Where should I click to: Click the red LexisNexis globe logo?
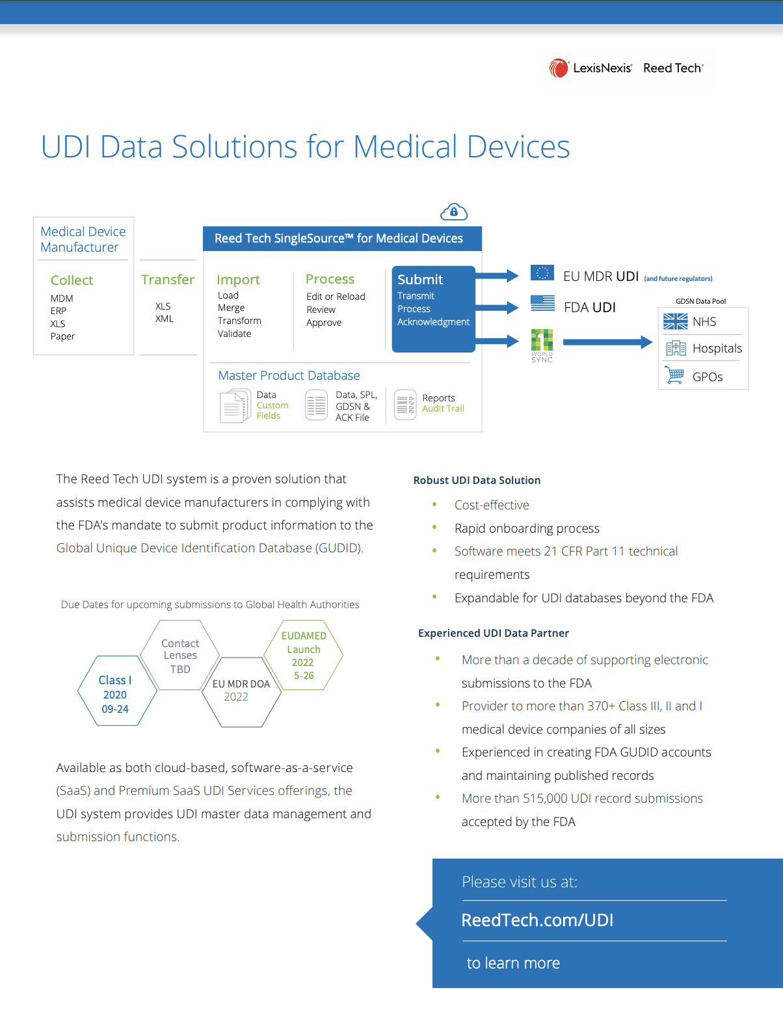click(558, 68)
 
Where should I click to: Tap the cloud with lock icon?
click(453, 212)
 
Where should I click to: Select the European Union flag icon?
click(542, 273)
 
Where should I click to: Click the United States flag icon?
click(543, 303)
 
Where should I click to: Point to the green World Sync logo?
click(542, 345)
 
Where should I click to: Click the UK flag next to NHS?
click(675, 321)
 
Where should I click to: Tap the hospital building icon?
click(676, 349)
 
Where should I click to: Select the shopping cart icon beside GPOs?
click(675, 375)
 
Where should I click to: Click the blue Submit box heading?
click(419, 279)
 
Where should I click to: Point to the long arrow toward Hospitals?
click(607, 342)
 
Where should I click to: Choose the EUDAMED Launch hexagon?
click(304, 655)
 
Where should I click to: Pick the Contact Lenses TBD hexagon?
click(180, 655)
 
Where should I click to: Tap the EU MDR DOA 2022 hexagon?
click(241, 692)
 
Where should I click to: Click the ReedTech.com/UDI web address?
click(537, 920)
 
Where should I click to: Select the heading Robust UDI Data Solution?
click(477, 480)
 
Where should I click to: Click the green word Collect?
click(72, 280)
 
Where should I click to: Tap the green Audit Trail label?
click(443, 408)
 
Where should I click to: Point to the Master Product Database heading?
click(289, 375)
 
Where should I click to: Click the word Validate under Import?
click(234, 334)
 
